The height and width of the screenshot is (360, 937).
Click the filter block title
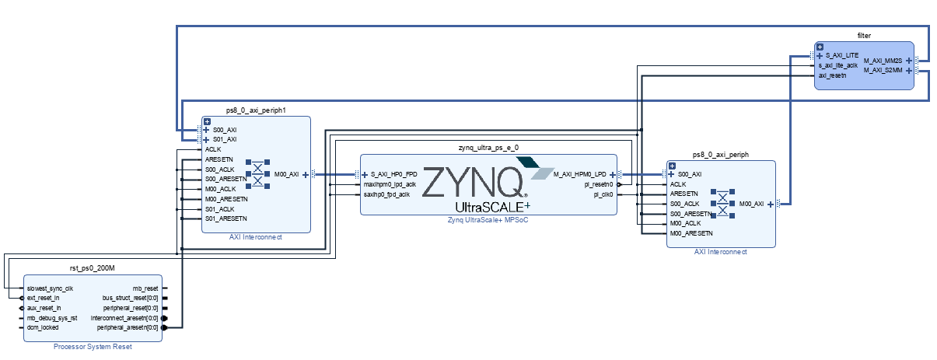[864, 36]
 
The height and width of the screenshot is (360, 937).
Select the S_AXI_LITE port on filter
[842, 56]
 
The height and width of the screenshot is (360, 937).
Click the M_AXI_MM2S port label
[883, 60]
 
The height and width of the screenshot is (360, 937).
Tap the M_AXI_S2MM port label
[883, 70]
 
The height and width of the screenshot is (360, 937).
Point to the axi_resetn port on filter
[831, 75]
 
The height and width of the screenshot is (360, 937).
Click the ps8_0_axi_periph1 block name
[256, 110]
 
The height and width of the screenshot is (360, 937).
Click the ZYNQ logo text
[474, 183]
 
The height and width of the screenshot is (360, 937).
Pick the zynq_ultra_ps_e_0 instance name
[488, 147]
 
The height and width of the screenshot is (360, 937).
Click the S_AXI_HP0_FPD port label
[393, 174]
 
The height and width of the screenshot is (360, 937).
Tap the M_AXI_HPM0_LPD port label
[579, 174]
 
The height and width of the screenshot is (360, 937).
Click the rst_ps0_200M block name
[93, 269]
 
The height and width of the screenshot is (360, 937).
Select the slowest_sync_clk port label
[50, 288]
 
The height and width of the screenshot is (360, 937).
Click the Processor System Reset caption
[93, 347]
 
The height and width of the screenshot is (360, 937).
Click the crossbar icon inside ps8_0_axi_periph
[724, 204]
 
